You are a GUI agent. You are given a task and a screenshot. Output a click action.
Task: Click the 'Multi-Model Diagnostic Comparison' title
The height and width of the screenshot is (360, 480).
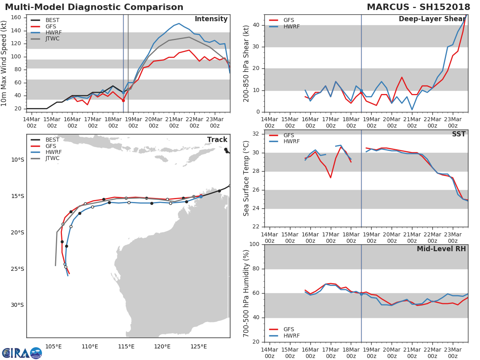pos(94,7)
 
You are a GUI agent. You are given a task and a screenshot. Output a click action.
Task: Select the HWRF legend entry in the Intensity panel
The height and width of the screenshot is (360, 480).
pos(54,32)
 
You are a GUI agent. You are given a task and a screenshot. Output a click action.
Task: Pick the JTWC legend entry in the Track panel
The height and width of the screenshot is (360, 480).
pos(52,158)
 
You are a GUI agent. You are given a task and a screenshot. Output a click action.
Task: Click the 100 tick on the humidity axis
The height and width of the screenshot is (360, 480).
pos(254,244)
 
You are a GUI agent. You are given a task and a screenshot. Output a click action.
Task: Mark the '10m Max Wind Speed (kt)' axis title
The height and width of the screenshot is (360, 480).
pos(4,63)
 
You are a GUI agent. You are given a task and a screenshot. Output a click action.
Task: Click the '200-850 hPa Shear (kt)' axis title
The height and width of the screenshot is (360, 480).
pos(247,63)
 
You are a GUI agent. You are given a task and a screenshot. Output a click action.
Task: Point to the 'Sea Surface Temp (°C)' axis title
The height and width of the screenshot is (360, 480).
pos(247,178)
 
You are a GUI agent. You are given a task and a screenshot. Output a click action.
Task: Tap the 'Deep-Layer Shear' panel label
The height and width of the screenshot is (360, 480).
pos(432,19)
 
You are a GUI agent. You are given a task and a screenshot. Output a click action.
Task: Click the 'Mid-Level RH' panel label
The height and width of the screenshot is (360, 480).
pos(441,249)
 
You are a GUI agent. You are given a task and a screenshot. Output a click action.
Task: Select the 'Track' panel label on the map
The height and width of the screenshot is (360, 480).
pos(217,140)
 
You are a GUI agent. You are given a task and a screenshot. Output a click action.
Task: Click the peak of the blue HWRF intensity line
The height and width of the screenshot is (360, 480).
pos(179,24)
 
